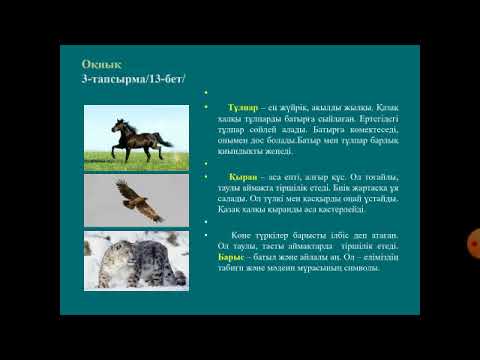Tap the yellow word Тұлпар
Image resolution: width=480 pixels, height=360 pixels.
tap(243, 105)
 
